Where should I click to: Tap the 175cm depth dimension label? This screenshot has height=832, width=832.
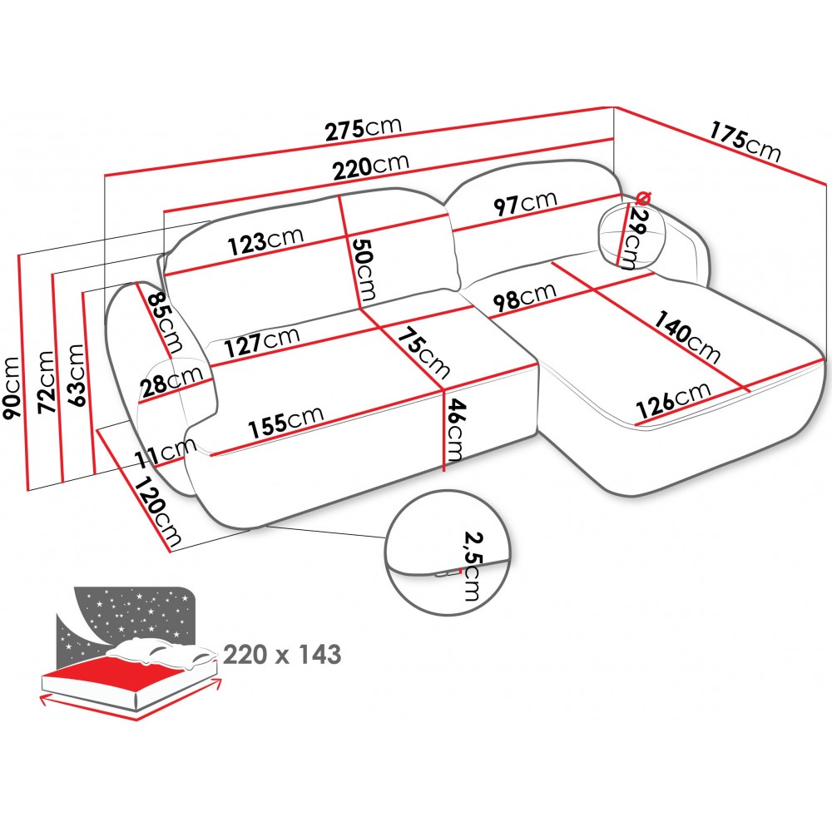click(745, 141)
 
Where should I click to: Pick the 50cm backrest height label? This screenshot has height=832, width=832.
click(364, 270)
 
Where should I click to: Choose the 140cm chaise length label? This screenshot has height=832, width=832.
click(686, 337)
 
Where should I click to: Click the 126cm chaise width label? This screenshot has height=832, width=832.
click(673, 399)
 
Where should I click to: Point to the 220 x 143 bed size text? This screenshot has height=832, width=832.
click(282, 655)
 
